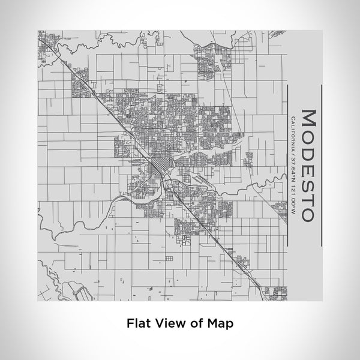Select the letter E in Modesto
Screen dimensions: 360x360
(309, 166)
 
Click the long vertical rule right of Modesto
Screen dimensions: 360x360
(323, 165)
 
